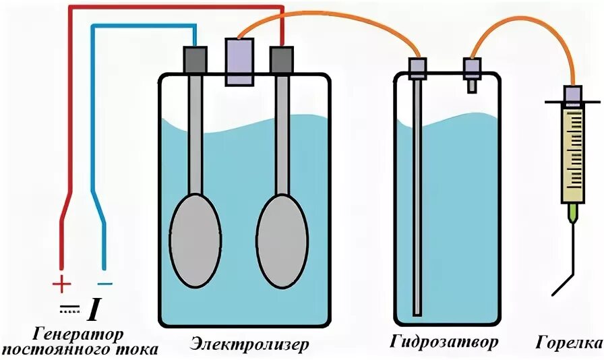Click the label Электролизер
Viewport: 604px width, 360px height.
click(x=249, y=344)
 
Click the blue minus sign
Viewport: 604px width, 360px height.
click(x=104, y=284)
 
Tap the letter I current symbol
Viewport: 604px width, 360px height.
click(x=93, y=310)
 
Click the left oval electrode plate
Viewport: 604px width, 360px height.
click(x=194, y=239)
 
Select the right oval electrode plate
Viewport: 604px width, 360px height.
click(x=282, y=239)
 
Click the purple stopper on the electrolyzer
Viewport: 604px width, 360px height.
click(x=239, y=61)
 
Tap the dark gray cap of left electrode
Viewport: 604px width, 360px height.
click(x=195, y=59)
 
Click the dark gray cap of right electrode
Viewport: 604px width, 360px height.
click(x=281, y=60)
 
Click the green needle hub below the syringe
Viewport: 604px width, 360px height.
click(x=573, y=214)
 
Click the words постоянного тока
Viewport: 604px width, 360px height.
click(x=80, y=350)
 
